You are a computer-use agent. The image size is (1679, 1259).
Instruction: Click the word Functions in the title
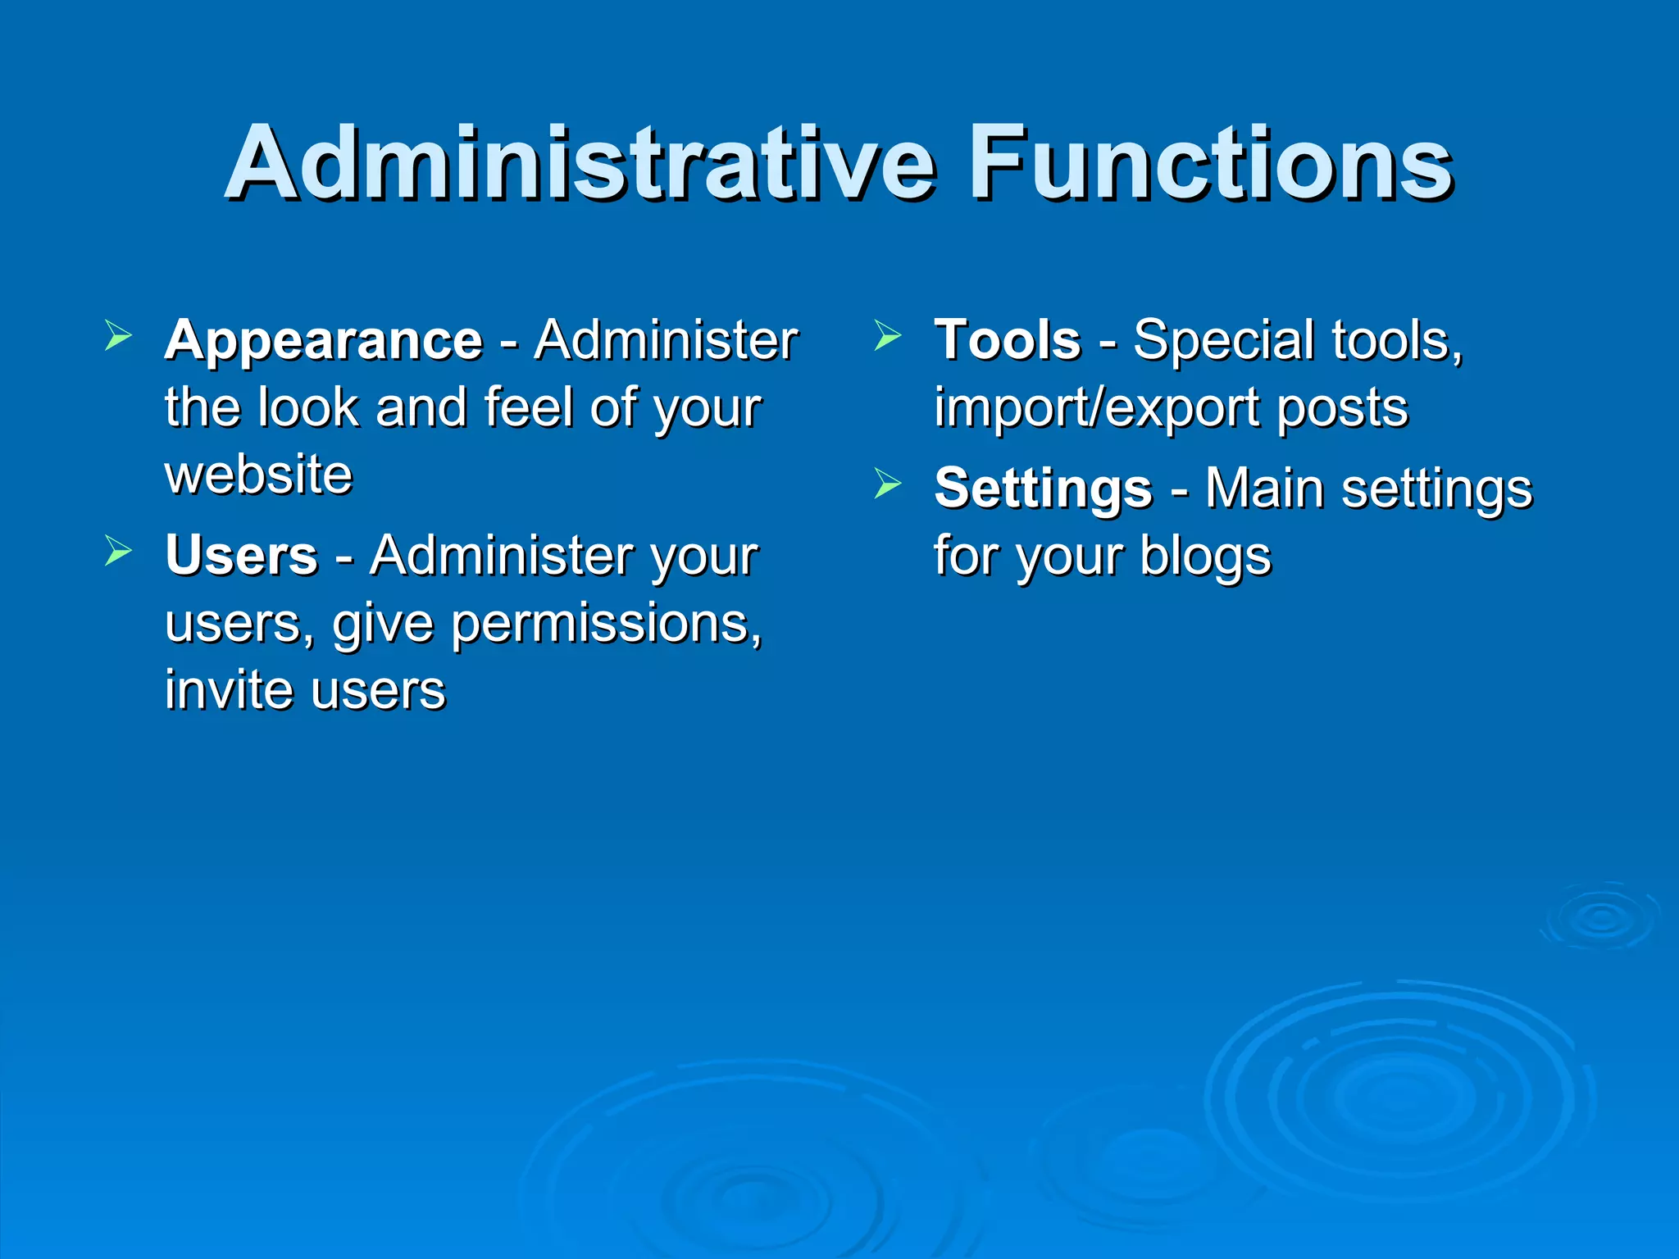[1211, 164]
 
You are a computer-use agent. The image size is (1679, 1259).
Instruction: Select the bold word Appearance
[324, 339]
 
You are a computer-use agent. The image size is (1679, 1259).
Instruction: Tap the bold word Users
[241, 555]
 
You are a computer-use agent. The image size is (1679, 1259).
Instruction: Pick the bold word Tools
[1008, 339]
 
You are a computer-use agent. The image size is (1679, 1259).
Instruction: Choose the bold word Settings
[1043, 489]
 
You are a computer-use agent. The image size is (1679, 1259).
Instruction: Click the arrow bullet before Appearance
[118, 335]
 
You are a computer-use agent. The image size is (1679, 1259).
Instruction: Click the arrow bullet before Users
[118, 551]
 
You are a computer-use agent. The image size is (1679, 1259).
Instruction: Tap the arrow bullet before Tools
[887, 335]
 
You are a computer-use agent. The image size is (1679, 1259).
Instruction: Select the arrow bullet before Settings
[887, 484]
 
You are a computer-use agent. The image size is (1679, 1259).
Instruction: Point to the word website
[258, 475]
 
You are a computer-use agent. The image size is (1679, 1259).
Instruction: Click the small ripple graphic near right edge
[1601, 918]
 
